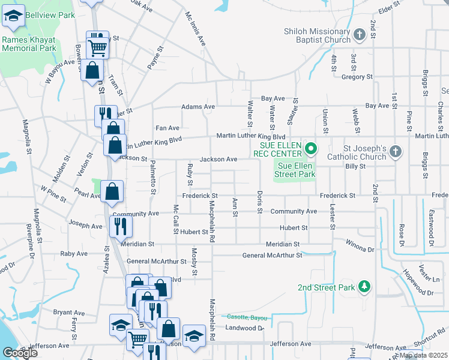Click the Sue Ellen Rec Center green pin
(x=311, y=147)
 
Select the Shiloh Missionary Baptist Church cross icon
(x=360, y=34)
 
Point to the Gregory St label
(x=357, y=77)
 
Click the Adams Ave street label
(x=198, y=107)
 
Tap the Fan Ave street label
(x=167, y=128)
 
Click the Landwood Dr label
(x=244, y=328)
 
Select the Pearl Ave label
(x=87, y=196)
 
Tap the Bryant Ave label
(x=69, y=313)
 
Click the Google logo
(x=20, y=353)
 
